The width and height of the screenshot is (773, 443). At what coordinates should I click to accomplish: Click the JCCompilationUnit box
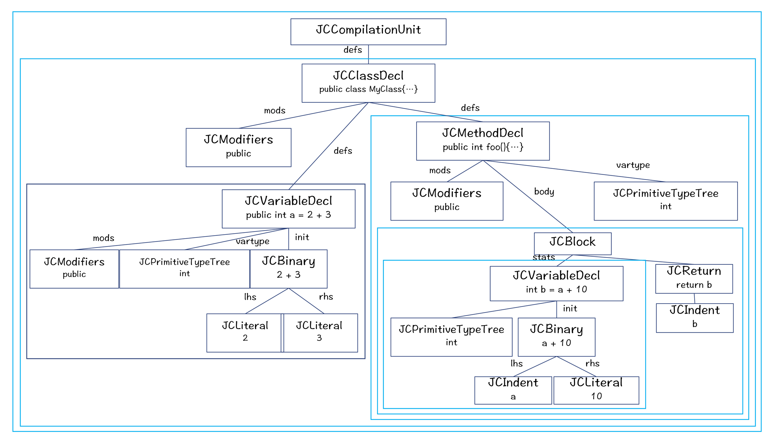click(x=368, y=31)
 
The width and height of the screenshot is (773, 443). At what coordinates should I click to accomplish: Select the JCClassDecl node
click(x=368, y=83)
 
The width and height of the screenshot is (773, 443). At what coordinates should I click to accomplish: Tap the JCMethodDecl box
click(x=483, y=141)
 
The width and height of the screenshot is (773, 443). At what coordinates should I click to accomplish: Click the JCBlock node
click(x=572, y=243)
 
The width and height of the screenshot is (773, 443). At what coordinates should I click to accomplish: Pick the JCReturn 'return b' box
click(x=694, y=279)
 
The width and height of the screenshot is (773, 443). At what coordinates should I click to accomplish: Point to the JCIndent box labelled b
click(x=694, y=317)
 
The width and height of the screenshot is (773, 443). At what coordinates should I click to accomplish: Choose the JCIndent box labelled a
click(x=513, y=390)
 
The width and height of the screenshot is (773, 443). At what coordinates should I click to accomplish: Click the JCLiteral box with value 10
click(x=596, y=390)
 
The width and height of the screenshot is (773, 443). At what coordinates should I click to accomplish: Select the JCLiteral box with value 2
click(x=245, y=332)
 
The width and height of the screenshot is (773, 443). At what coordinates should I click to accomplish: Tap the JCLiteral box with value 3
click(x=320, y=332)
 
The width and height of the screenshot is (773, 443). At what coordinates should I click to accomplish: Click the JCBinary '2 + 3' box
click(x=289, y=269)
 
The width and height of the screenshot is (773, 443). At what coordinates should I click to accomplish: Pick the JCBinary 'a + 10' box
click(x=556, y=337)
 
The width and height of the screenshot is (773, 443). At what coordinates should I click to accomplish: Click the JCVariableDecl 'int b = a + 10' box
click(x=556, y=283)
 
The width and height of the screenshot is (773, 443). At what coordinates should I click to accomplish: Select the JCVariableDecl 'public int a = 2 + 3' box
click(x=288, y=208)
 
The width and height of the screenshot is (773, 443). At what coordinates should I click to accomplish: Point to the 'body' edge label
click(x=544, y=192)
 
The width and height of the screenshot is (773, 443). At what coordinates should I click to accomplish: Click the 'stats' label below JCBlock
click(x=544, y=257)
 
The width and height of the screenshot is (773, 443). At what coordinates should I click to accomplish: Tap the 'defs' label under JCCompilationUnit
click(x=353, y=50)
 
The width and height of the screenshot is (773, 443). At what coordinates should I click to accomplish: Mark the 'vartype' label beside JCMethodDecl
click(x=633, y=165)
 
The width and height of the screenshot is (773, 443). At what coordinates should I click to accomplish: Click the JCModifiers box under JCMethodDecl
click(x=447, y=201)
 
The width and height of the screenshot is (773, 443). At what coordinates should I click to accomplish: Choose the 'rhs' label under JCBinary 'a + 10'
click(x=592, y=363)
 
